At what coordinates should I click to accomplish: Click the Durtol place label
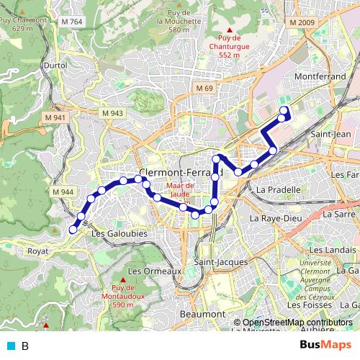[55, 65]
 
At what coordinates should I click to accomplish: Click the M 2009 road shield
[302, 22]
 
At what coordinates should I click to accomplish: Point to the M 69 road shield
[204, 88]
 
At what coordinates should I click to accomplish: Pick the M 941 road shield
[55, 117]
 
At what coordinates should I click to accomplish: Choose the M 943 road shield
[112, 113]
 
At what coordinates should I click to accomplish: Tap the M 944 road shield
[62, 192]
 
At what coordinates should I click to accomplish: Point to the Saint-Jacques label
[221, 262]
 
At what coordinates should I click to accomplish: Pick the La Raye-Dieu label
[274, 217]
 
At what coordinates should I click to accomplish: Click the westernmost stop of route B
[73, 230]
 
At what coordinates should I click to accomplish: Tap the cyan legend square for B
[8, 346]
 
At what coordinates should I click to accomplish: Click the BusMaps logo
[325, 345]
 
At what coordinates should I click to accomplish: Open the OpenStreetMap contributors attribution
[297, 322]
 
